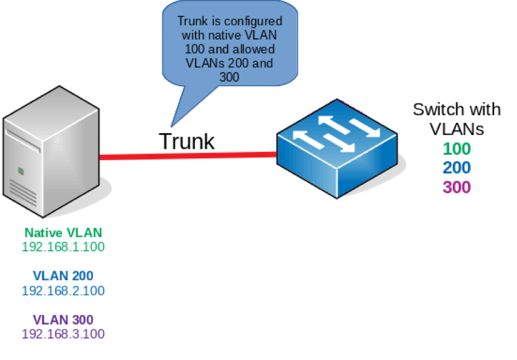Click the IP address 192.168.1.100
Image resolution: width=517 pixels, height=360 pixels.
click(x=63, y=246)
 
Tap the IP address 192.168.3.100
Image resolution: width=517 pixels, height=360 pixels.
click(x=63, y=334)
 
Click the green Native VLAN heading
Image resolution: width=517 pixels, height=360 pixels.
click(x=63, y=232)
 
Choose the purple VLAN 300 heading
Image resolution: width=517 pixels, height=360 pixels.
click(x=63, y=319)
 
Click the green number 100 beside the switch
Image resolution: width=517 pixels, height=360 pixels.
click(x=456, y=149)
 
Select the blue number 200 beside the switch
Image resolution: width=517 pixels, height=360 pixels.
click(x=456, y=168)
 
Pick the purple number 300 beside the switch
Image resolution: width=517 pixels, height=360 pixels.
click(x=456, y=187)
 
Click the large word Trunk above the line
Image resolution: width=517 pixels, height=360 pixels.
click(x=186, y=141)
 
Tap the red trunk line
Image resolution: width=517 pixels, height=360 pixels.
click(x=186, y=157)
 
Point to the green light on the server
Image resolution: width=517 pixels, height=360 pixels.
click(x=21, y=171)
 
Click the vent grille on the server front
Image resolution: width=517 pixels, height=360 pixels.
click(x=23, y=192)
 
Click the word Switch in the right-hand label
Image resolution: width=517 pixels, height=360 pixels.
click(x=434, y=109)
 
